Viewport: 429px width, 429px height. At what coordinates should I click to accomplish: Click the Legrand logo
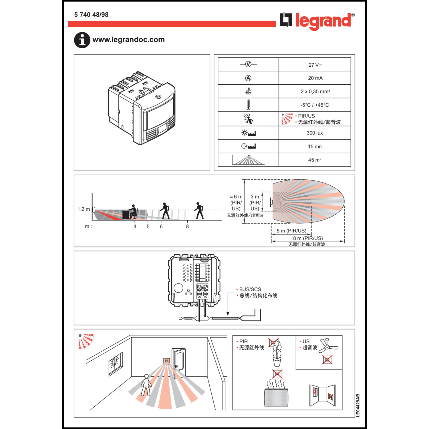point(317,21)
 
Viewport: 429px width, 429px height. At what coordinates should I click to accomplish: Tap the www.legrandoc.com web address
point(128,39)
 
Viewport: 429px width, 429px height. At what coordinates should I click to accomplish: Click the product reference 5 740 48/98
point(91,15)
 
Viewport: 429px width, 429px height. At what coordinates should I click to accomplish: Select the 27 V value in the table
point(315,65)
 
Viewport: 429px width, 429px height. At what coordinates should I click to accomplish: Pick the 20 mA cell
point(315,78)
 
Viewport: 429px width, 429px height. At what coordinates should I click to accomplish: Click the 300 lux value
point(315,133)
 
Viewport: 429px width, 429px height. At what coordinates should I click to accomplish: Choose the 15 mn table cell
point(315,146)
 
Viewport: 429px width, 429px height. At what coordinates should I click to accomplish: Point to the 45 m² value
point(315,160)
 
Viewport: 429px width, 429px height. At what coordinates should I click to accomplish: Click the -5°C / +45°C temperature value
point(315,105)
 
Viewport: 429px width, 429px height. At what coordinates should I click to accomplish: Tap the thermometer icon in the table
point(248,105)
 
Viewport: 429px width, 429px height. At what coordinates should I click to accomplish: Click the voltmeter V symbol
point(248,64)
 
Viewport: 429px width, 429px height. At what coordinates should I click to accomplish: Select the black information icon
point(82,40)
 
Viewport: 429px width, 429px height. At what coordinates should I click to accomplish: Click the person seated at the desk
point(133,212)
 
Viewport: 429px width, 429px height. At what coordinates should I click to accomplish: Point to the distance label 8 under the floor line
point(187,227)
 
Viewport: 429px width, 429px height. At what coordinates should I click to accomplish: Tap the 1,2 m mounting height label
point(84,209)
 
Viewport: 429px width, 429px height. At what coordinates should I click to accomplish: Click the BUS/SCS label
point(250,289)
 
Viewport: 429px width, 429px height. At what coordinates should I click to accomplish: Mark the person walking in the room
point(146,385)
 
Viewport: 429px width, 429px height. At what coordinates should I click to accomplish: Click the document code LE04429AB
point(358,405)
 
